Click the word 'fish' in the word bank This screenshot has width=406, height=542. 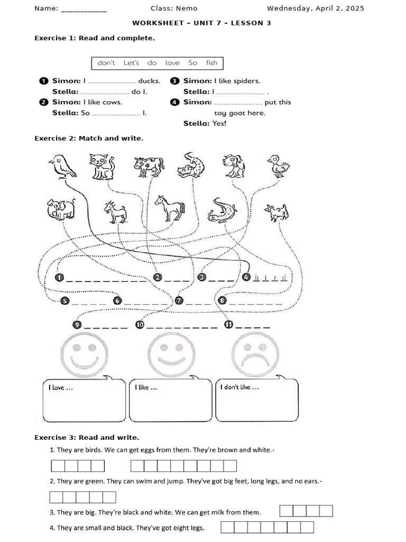[x=211, y=63]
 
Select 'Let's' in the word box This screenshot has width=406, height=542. [x=131, y=63]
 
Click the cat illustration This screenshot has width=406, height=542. [x=103, y=166]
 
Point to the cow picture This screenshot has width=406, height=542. [x=149, y=166]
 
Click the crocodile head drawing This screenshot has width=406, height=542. [x=188, y=166]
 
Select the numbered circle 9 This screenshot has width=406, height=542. [x=78, y=325]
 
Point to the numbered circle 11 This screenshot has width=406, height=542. [x=228, y=325]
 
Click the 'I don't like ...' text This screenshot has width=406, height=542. [x=239, y=387]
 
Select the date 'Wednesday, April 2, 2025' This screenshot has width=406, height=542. [x=315, y=8]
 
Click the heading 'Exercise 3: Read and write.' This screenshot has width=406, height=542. [x=87, y=438]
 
